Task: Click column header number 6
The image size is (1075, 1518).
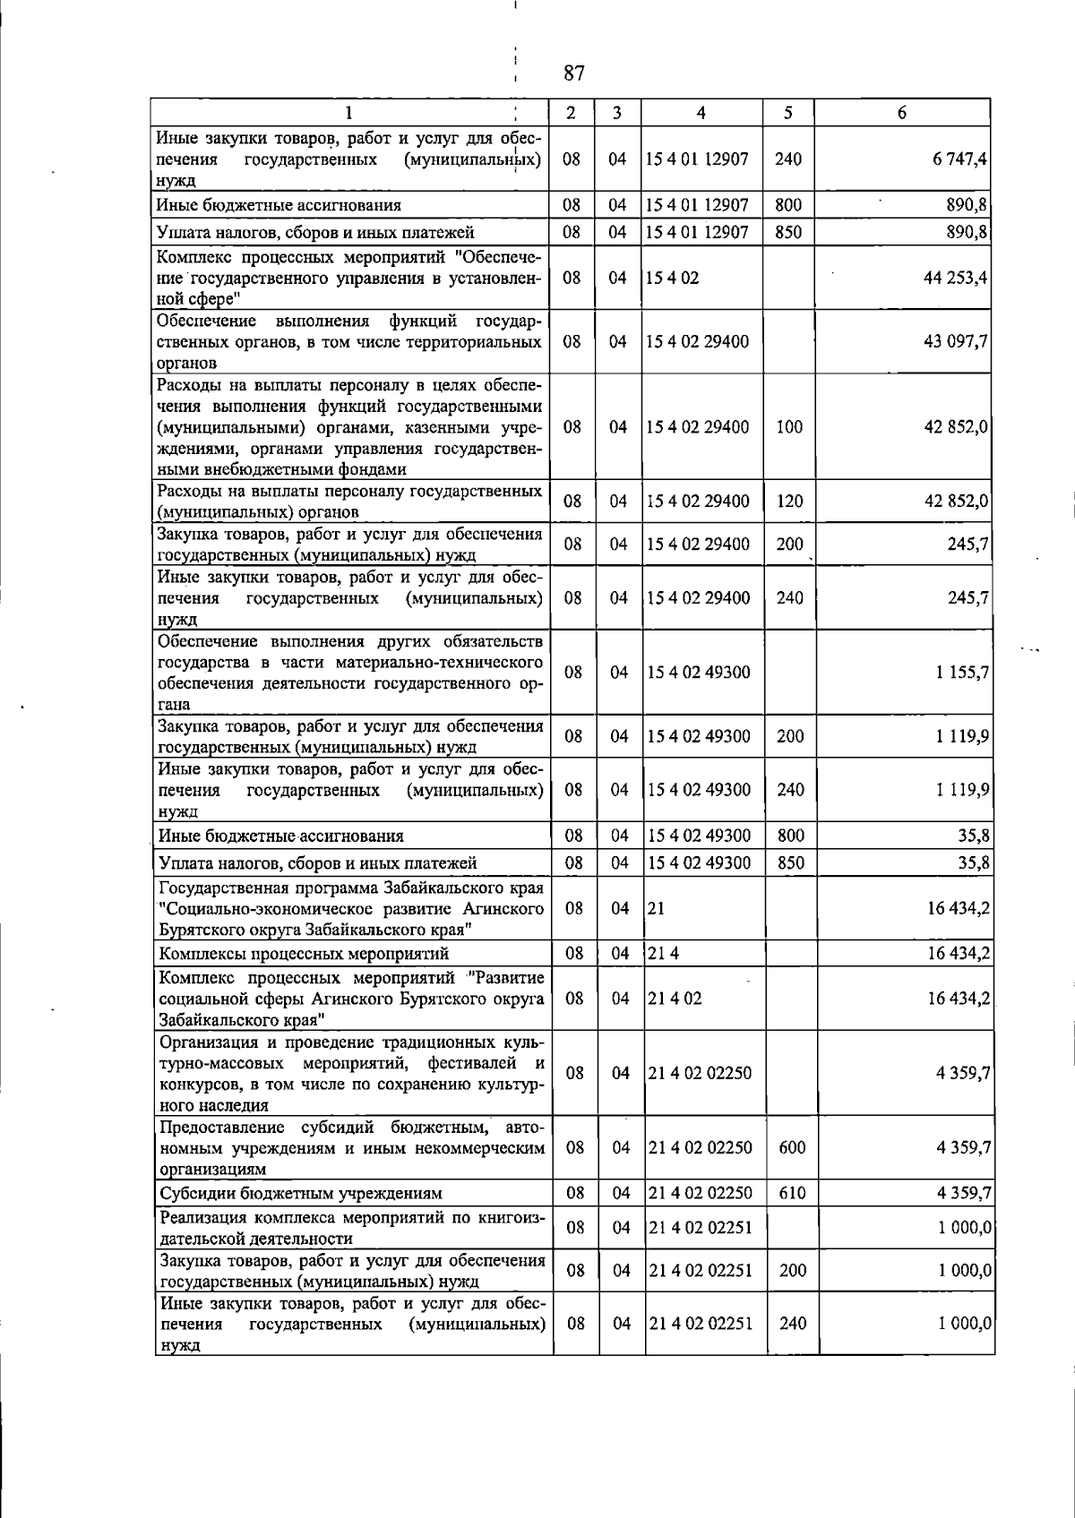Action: tap(902, 113)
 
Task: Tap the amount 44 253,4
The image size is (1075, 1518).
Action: tap(955, 278)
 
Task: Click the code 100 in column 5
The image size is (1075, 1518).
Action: tap(789, 427)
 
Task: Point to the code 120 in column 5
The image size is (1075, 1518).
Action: tap(789, 502)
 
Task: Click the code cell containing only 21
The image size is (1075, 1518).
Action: tap(656, 908)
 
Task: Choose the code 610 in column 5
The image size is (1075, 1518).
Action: tap(793, 1193)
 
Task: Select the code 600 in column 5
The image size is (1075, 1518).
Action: tap(793, 1147)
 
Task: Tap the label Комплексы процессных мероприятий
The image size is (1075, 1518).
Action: tap(304, 954)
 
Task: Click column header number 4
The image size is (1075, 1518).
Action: tap(701, 113)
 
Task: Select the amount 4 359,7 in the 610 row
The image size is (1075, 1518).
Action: tap(963, 1193)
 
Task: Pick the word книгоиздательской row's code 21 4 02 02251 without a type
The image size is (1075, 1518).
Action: tap(701, 1227)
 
